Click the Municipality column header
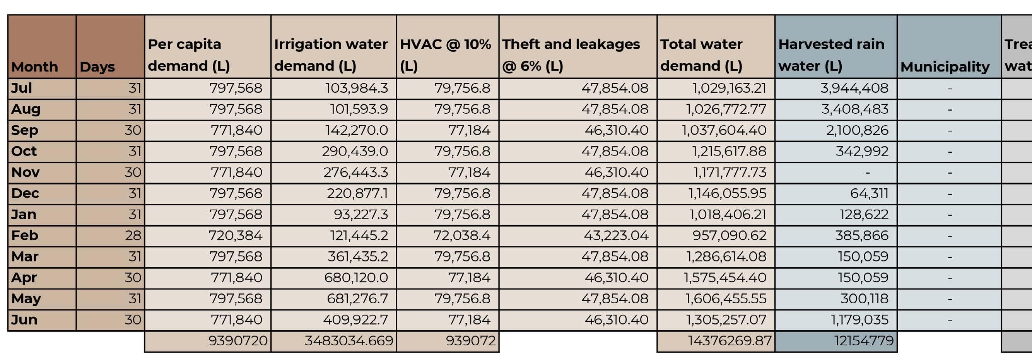[x=945, y=67]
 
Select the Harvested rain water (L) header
[x=831, y=55]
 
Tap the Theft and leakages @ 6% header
[x=571, y=55]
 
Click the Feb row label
[x=25, y=235]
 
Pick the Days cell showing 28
[x=133, y=235]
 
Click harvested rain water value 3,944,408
[x=854, y=88]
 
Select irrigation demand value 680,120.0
[x=356, y=278]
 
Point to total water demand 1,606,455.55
[x=726, y=299]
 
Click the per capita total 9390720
[x=237, y=341]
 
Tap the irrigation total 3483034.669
[x=349, y=341]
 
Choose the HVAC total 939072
[x=470, y=341]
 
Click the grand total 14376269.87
[x=729, y=341]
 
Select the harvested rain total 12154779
[x=863, y=341]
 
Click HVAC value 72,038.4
[x=461, y=235]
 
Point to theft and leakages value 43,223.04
[x=616, y=235]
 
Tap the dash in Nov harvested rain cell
[x=867, y=172]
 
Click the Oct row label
[x=24, y=151]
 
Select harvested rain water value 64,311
[x=869, y=193]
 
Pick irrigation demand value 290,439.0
[x=355, y=151]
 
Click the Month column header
[x=34, y=67]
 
